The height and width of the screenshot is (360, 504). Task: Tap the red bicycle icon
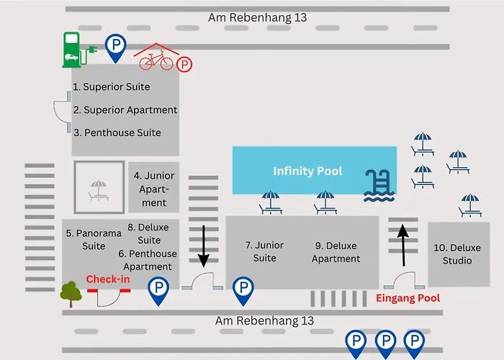pos(156,60)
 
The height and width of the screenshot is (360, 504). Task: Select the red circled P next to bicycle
pos(185,66)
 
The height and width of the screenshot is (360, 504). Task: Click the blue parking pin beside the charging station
pos(114,48)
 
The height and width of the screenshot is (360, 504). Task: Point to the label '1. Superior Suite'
pos(111,87)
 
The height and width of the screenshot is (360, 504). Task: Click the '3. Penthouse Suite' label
pos(117,133)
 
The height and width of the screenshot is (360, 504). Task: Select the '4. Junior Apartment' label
pos(154,189)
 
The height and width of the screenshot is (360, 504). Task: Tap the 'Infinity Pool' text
pos(307,171)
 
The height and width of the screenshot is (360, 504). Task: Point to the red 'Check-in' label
pos(108,279)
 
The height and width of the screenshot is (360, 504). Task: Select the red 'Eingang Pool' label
pos(408,298)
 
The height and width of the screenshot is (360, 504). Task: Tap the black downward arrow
pos(204,246)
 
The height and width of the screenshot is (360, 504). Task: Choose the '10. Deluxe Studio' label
pos(457,254)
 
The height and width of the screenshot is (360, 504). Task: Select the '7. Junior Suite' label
pos(264,251)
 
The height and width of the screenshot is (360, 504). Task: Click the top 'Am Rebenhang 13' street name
pos(257,17)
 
